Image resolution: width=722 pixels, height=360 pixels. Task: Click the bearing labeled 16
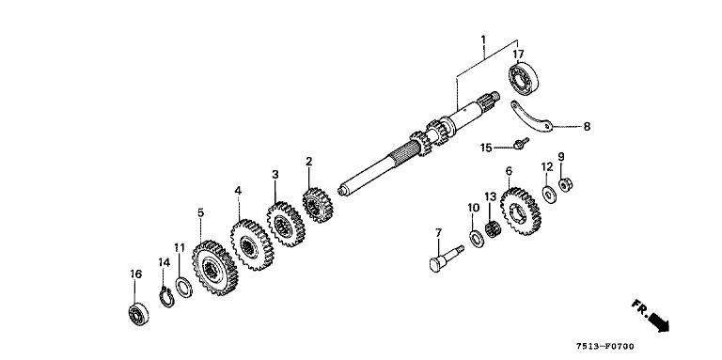click(138, 314)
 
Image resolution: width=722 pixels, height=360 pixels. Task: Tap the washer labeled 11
click(184, 287)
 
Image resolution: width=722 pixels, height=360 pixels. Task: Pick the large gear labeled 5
click(214, 268)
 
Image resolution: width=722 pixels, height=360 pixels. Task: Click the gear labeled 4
click(251, 244)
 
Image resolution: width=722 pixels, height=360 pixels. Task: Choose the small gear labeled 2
click(318, 205)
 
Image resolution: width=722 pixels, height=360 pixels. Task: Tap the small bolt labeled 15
click(522, 143)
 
